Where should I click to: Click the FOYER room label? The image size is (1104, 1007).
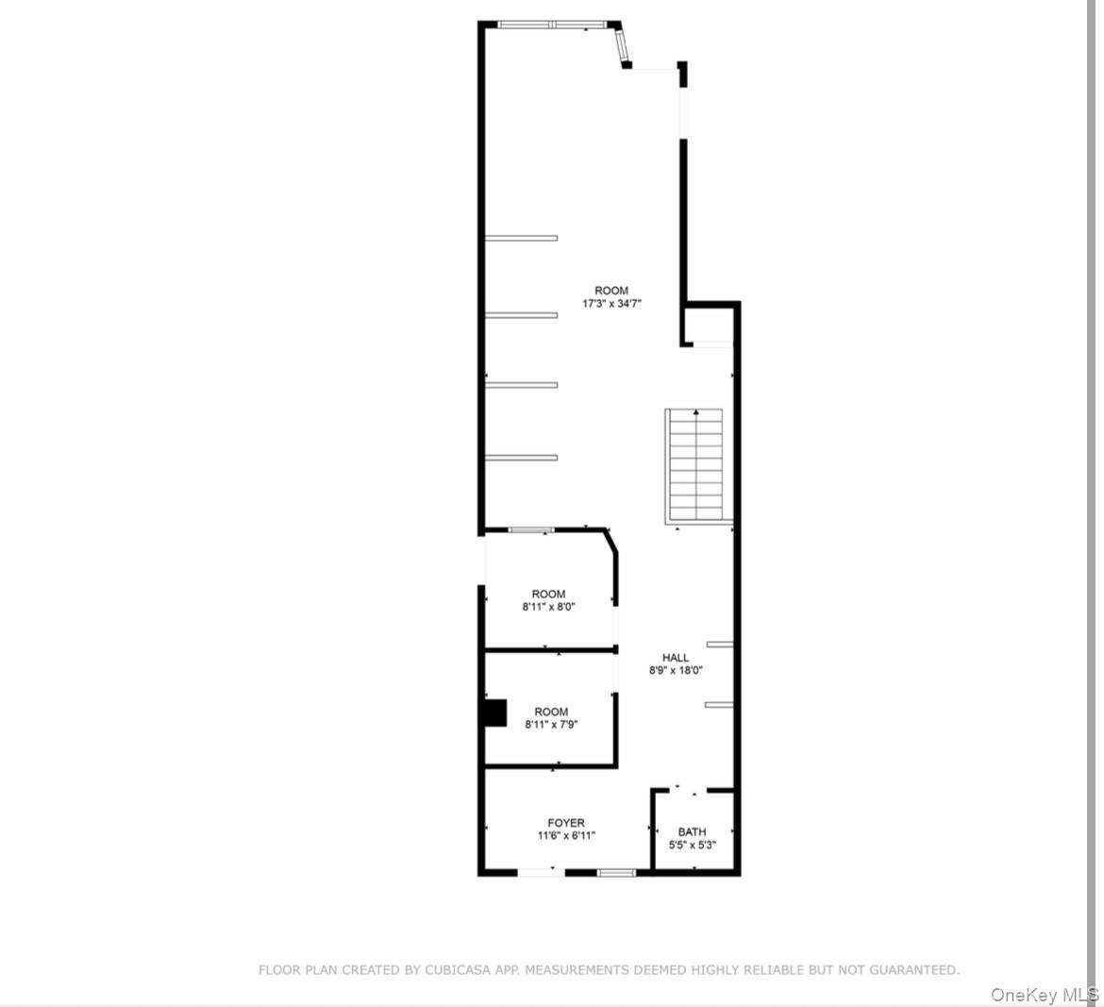coord(566,823)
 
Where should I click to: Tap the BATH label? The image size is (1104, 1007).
coord(692,831)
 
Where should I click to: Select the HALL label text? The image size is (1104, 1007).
coord(676,658)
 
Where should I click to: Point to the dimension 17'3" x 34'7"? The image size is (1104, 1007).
coord(611,304)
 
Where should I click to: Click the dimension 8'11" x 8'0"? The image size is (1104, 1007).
coord(548,608)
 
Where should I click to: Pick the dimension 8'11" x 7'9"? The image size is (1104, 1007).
coord(551,725)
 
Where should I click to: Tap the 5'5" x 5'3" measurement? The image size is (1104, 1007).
coord(692,845)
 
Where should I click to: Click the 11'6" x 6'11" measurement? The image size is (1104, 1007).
coord(566,836)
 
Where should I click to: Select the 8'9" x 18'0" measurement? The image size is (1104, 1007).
coord(676,671)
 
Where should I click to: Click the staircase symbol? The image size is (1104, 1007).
coord(696,464)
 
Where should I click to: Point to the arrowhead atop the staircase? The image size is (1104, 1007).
coord(696,412)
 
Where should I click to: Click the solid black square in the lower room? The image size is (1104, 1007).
coord(493,713)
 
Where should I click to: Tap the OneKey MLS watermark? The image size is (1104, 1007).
coord(1045,995)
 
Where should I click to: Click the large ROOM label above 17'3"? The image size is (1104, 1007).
coord(611,291)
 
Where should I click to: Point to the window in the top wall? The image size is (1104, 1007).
coord(553,25)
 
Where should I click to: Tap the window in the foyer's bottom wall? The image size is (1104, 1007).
coord(617,872)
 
